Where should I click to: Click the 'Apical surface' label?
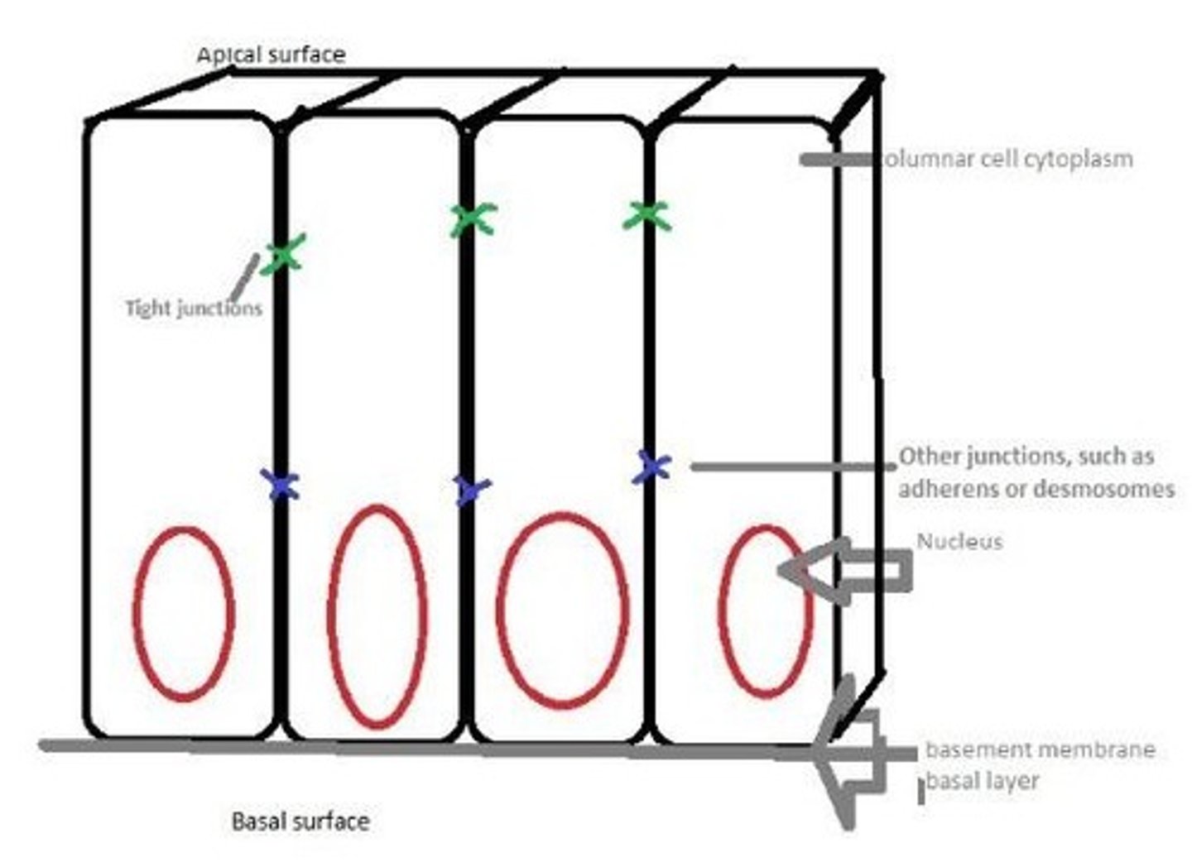pyautogui.click(x=271, y=55)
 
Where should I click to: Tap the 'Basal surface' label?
pyautogui.click(x=300, y=821)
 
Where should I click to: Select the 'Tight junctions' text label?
pyautogui.click(x=194, y=309)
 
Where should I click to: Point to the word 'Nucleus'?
pyautogui.click(x=959, y=541)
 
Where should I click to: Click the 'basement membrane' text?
pyautogui.click(x=1040, y=750)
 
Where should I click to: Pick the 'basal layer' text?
pyautogui.click(x=982, y=780)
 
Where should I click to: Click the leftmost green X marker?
pyautogui.click(x=283, y=254)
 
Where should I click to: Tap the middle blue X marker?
pyautogui.click(x=471, y=489)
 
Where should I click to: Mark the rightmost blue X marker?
pyautogui.click(x=654, y=467)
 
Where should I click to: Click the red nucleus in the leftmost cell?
pyautogui.click(x=184, y=613)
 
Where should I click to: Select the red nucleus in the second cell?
pyautogui.click(x=378, y=616)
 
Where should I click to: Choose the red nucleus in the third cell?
pyautogui.click(x=563, y=611)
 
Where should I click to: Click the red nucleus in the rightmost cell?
pyautogui.click(x=765, y=611)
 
